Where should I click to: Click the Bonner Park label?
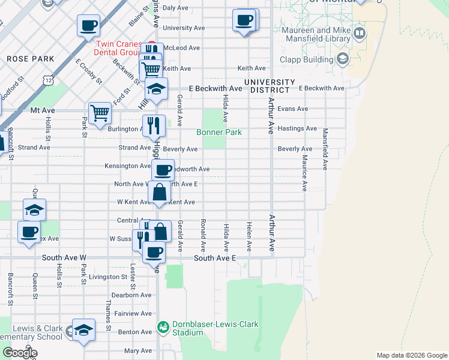coord(219,132)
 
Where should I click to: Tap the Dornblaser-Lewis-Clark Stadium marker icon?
coord(163,327)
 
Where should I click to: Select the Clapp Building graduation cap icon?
coord(343,59)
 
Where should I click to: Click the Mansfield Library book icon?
coord(360,32)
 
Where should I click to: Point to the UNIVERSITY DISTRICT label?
coord(270,86)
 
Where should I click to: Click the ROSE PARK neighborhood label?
coord(31,59)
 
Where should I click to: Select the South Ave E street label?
coord(215,258)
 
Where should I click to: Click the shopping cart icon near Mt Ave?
coord(100,112)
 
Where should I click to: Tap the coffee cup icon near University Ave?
coord(244,20)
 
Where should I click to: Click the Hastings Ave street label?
coord(297,128)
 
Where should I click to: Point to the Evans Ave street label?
coord(293,109)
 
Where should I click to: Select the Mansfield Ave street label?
coord(325,146)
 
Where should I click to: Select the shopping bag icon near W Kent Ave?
coord(159,193)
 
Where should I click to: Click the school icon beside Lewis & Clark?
coord(84,330)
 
